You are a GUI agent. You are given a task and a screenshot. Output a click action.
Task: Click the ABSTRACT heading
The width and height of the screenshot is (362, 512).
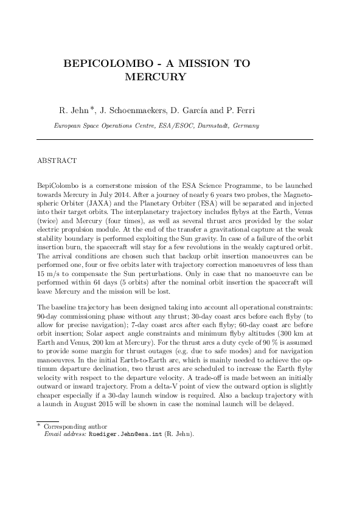point(57,161)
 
